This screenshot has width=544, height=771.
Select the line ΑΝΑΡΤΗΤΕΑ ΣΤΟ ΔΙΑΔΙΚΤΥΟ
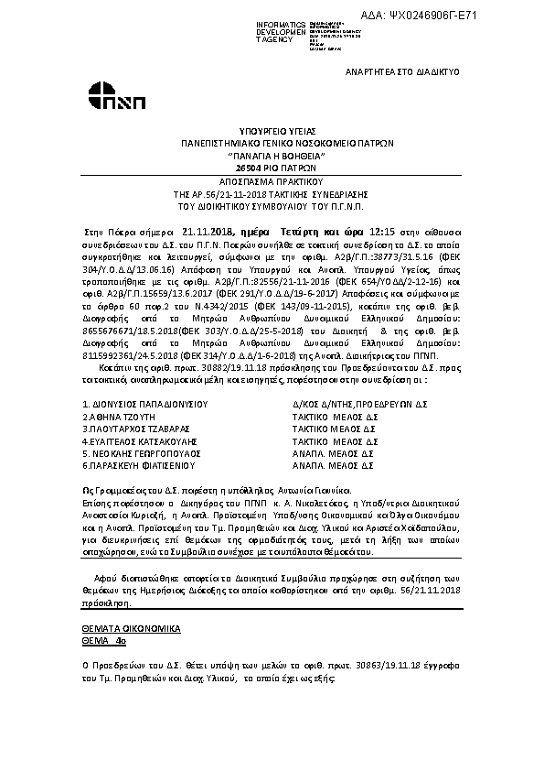pos(401,71)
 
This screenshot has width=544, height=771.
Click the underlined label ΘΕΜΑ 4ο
pos(101,642)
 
